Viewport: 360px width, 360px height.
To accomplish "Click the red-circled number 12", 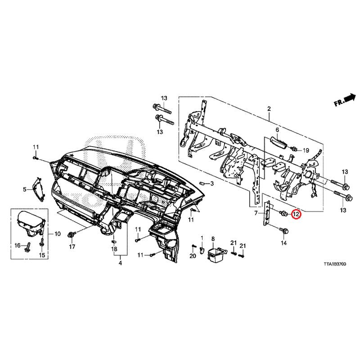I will point(296,215).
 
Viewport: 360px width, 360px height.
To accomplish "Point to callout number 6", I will point(277,130).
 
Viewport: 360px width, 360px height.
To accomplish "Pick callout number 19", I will point(305,150).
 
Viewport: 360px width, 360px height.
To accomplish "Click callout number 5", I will point(25,189).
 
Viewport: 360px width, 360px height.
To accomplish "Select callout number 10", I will point(57,234).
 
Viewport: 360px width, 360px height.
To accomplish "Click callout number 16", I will point(18,245).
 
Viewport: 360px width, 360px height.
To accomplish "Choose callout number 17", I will point(72,247).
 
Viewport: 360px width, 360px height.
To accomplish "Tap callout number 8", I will point(213,238).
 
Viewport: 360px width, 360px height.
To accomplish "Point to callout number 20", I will point(193,256).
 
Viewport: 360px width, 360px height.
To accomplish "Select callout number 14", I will point(283,243).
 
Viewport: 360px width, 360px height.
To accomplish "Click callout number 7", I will point(256,213).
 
